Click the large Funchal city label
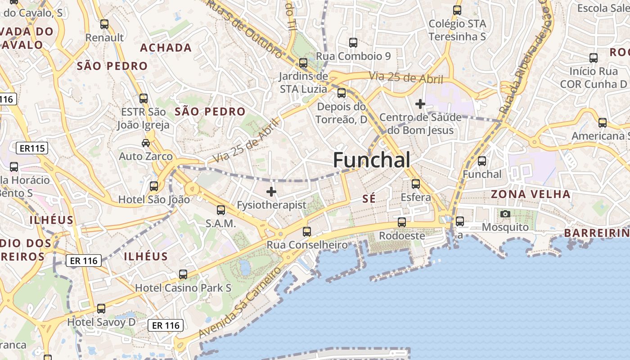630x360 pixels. pos(372,160)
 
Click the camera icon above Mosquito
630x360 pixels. pos(505,214)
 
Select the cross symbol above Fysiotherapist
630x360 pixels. pos(271,192)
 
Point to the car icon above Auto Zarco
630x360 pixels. pos(146,143)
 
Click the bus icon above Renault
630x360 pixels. pos(104,24)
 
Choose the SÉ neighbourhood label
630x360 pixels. pos(369,198)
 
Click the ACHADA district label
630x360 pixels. pos(166,48)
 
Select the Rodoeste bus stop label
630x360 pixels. pos(402,236)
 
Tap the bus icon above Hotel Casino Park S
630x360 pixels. pos(183,274)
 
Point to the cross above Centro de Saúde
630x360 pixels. pos(420,104)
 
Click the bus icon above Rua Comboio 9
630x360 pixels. pos(353,43)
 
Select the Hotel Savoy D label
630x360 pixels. pos(101,322)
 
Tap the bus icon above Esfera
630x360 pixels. pos(416,184)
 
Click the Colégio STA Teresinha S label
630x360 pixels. pos(457,30)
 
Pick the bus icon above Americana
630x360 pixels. pos(603,122)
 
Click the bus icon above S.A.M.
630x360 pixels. pos(221,210)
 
